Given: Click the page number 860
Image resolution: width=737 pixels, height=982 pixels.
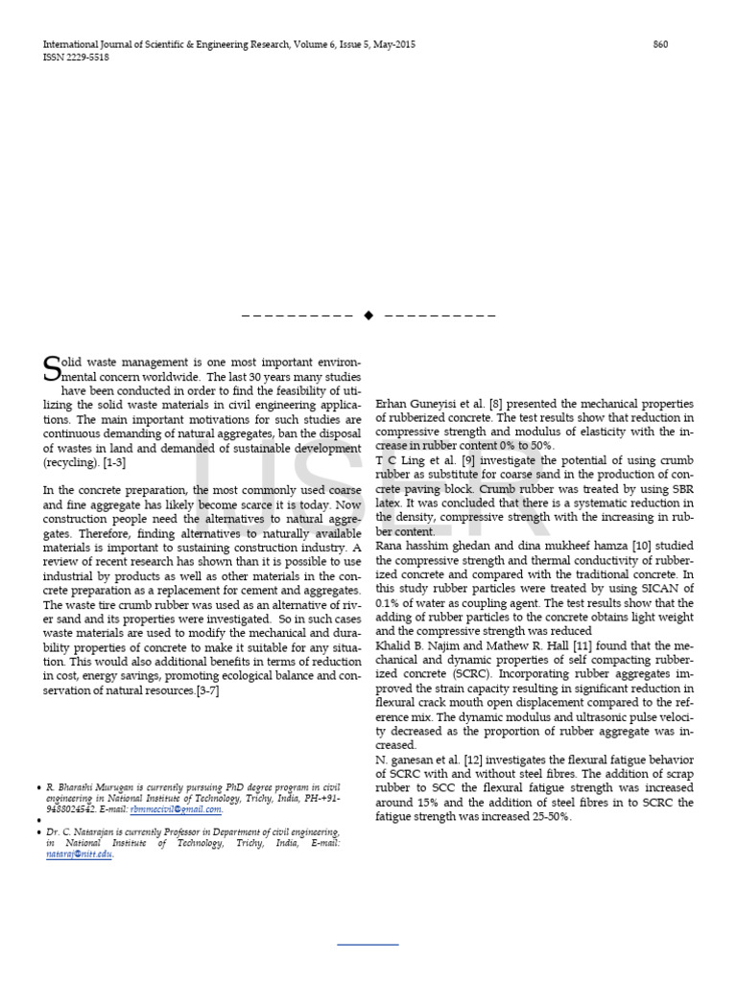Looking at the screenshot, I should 660,45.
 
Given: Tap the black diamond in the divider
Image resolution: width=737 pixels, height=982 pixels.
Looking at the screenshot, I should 368,315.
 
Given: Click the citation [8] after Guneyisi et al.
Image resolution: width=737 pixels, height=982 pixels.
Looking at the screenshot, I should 495,405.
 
